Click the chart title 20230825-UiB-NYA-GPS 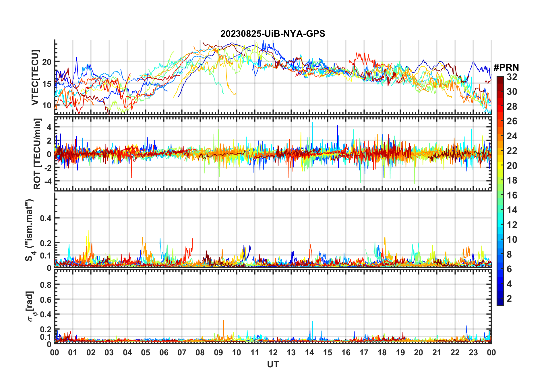pos(273,34)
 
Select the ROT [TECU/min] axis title pos(37,154)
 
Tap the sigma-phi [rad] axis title pos(30,306)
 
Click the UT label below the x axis pos(273,364)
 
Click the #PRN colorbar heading pos(506,67)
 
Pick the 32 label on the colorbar pos(512,77)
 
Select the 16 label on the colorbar pos(512,195)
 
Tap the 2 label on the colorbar pos(509,299)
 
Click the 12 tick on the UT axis pos(273,352)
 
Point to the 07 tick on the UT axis pos(182,352)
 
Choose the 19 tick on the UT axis pos(400,352)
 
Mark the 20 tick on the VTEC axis pos(47,62)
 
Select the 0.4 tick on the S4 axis pos(46,218)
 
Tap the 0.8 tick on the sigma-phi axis pos(46,285)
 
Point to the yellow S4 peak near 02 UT pos(88,231)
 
